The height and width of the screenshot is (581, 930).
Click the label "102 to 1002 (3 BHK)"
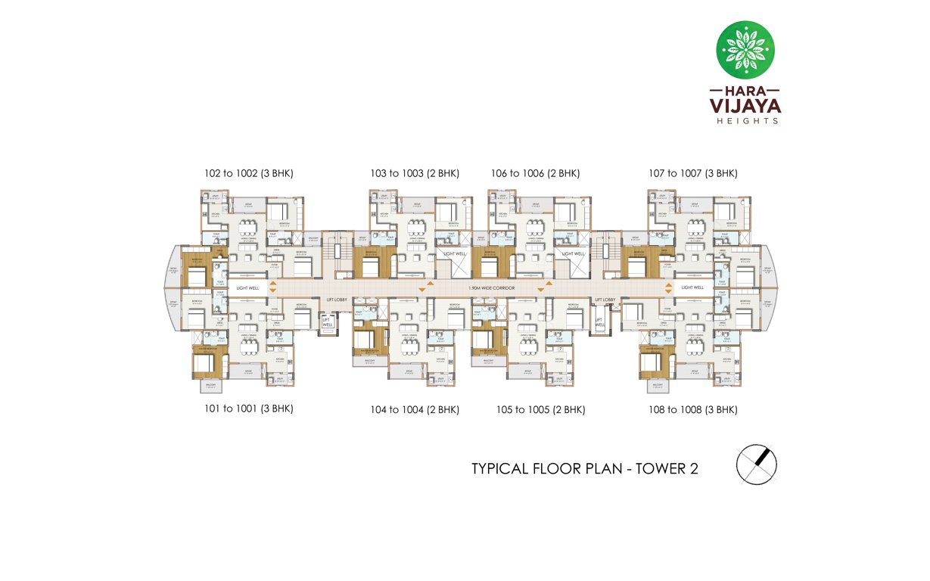(248, 173)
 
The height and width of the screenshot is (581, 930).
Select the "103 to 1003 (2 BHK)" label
(415, 173)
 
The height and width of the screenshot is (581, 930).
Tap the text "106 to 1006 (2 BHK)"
(535, 173)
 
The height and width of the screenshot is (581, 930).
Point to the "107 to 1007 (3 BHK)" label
(692, 173)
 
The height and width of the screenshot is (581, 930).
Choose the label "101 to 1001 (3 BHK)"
(248, 409)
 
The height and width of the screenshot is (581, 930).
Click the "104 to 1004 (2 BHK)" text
(415, 410)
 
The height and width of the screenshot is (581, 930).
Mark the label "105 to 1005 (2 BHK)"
(540, 410)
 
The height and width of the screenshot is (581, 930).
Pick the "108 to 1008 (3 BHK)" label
(692, 410)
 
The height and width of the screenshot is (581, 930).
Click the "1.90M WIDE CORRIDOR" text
(492, 288)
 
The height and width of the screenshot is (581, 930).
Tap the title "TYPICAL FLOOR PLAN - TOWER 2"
(584, 468)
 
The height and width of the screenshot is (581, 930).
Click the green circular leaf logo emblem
(745, 50)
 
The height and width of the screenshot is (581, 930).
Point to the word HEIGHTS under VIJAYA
(745, 120)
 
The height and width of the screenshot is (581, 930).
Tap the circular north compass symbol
(757, 464)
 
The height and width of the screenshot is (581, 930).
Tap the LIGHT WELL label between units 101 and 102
(247, 288)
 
